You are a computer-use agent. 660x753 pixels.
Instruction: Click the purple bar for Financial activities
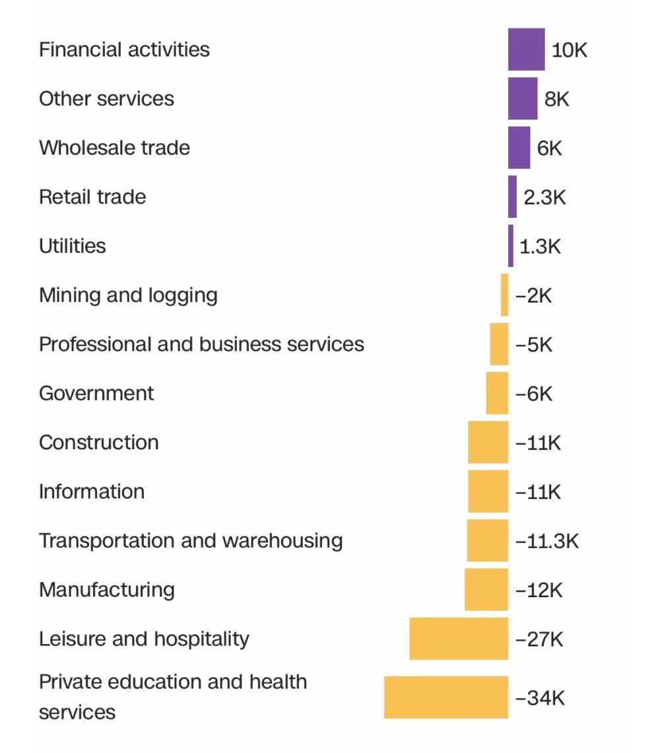pos(526,50)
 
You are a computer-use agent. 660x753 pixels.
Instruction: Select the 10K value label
pos(569,50)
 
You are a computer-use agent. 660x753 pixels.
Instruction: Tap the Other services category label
pos(106,99)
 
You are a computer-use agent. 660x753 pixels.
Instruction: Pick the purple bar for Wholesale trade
pos(519,148)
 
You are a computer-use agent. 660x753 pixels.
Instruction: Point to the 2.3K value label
pos(544,197)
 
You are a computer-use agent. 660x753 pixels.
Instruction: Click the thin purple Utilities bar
pos(511,246)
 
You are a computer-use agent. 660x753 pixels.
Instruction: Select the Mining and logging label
pos(128,295)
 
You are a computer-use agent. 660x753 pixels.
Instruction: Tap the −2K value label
pos(533,296)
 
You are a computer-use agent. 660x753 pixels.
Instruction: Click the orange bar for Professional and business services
pos(499,344)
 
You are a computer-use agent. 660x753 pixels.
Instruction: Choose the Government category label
pos(96,394)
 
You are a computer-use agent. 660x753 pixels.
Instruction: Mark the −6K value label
pos(534,394)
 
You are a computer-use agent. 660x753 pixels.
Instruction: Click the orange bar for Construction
pos(488,443)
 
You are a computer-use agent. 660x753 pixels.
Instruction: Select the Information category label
pos(92,492)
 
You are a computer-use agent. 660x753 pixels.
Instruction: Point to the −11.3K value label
pos(546,542)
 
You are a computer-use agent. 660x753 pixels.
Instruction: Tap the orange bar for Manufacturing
pos(486,590)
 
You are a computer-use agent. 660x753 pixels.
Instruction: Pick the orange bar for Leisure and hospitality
pos(459,639)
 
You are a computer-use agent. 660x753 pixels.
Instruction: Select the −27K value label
pos(539,639)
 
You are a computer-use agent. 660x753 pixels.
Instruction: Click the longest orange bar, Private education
pos(446,697)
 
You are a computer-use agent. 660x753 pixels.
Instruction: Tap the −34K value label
pos(540,698)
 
